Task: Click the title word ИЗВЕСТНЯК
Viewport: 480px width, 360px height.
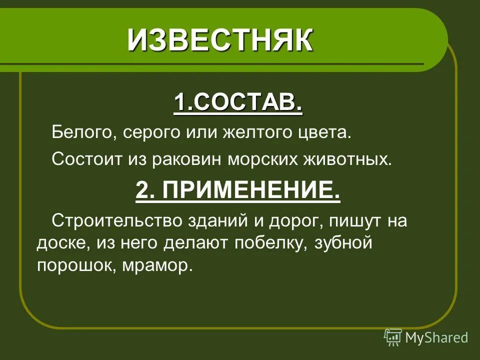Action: click(x=220, y=40)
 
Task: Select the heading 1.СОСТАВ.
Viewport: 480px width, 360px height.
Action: click(x=238, y=103)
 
